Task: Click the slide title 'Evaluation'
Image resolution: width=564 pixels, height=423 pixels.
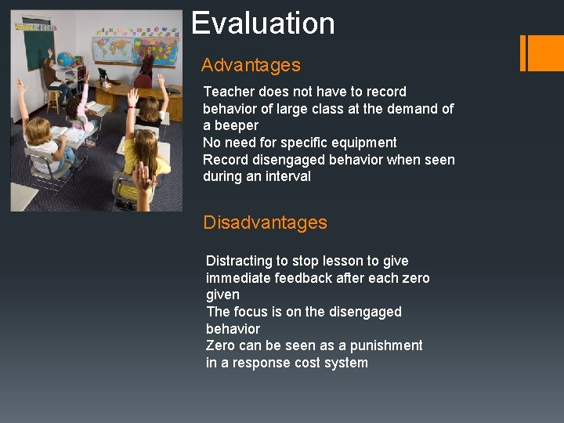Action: click(263, 23)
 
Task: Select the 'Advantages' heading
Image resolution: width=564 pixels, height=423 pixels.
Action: click(251, 65)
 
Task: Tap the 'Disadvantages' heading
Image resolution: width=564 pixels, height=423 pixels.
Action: click(265, 222)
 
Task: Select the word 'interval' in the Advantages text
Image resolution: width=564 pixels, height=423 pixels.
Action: click(286, 176)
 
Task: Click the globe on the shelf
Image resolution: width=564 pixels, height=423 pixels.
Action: click(65, 60)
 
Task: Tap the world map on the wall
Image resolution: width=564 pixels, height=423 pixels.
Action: click(111, 49)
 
